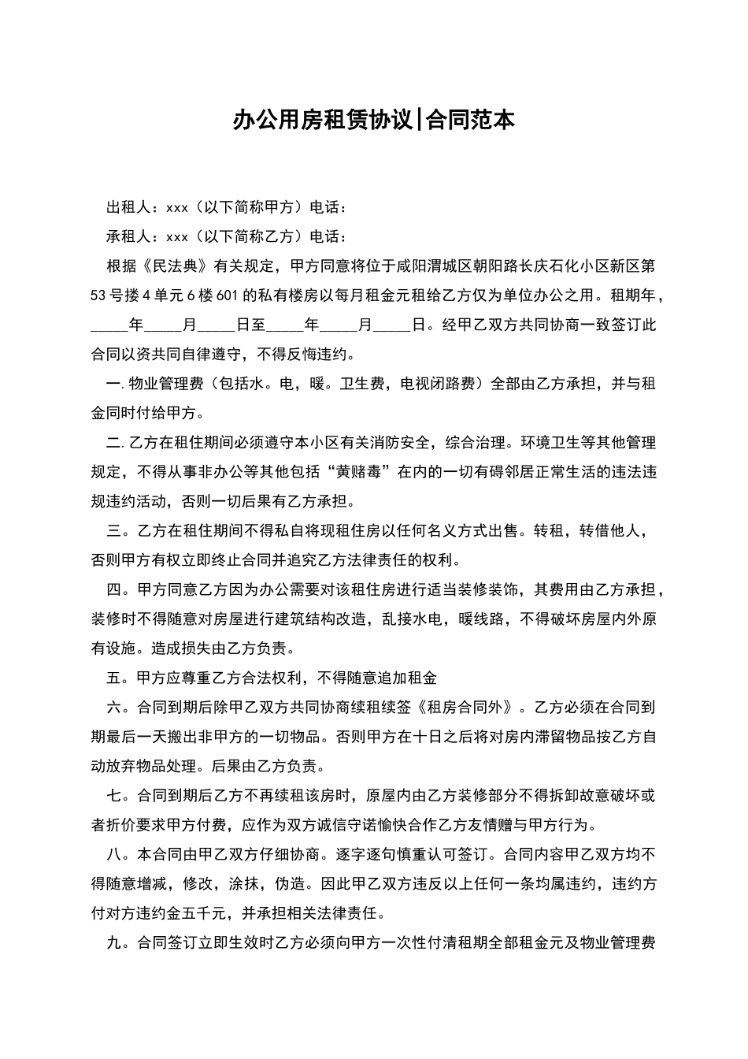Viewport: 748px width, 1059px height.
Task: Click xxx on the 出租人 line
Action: [177, 208]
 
